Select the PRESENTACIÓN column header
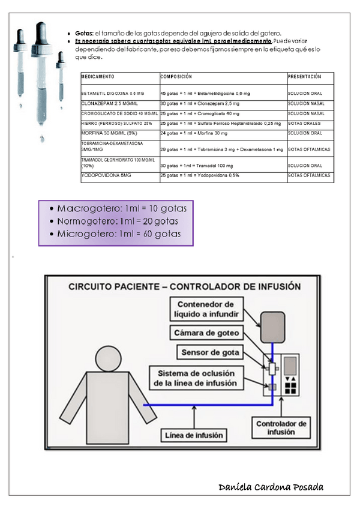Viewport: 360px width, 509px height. point(304,77)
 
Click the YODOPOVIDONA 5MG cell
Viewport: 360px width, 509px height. point(106,175)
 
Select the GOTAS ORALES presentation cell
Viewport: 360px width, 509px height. point(306,123)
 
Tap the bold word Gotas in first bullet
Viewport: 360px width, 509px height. point(83,33)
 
